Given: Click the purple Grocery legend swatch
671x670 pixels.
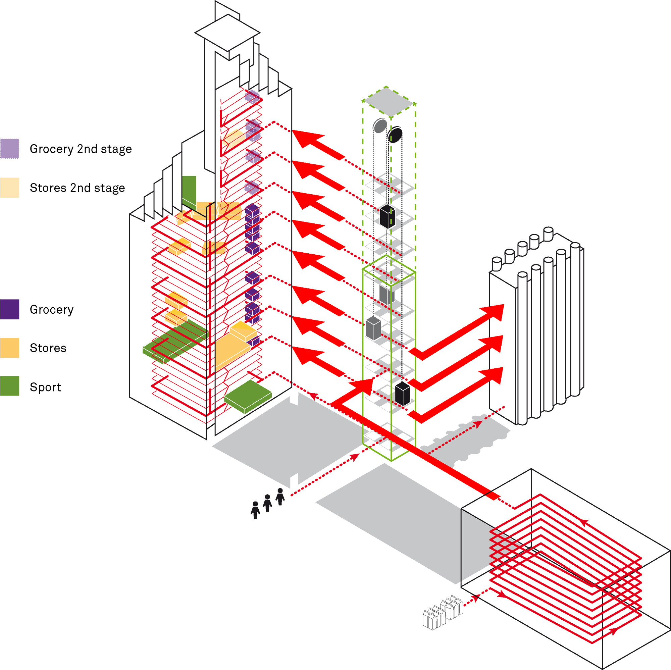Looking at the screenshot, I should [9, 309].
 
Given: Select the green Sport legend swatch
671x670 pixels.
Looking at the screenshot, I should [9, 386].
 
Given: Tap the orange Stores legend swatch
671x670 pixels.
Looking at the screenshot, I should [9, 347].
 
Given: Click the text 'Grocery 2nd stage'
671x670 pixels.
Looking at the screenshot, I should [81, 149].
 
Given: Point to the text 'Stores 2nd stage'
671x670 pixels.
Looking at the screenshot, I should [77, 188].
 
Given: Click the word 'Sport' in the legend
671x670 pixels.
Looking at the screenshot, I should [45, 387].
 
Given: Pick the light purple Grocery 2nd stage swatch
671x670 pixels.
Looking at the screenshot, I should [9, 149].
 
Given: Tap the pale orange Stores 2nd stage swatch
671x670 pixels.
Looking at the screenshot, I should [9, 188].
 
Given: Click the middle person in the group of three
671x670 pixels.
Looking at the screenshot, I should [267, 503].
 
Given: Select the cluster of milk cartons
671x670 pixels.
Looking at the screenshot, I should [442, 613].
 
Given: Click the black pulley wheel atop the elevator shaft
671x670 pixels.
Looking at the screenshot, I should [395, 135].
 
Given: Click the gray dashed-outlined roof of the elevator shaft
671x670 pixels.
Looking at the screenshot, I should [389, 102].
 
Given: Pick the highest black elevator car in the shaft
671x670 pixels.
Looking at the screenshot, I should [387, 216].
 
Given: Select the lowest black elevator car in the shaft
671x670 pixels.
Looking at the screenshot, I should [403, 394].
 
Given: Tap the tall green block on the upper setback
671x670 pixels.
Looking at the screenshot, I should [189, 191].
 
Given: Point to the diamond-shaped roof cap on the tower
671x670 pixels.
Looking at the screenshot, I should [227, 33].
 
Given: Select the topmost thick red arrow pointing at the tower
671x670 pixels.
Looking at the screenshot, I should [318, 144].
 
